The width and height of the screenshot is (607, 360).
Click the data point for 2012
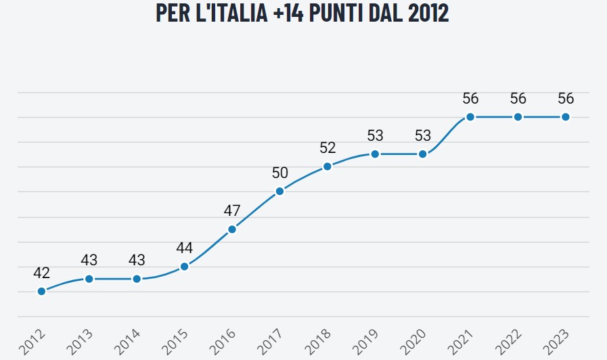tap(41, 291)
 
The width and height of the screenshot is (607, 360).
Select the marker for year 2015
tap(184, 266)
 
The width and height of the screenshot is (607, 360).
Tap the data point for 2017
tap(279, 191)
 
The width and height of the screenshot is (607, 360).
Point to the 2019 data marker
tap(375, 154)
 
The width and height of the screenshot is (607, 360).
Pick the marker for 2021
tap(470, 116)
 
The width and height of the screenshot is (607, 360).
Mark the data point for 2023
tap(566, 116)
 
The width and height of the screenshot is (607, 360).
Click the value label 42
tap(41, 273)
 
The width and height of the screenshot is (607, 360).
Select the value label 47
tap(232, 210)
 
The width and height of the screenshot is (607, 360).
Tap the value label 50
tap(279, 173)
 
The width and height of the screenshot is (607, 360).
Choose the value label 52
tap(328, 148)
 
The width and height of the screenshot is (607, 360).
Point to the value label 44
tap(184, 248)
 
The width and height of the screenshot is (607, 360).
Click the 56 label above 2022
tap(518, 98)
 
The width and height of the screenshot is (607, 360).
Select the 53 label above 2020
tap(423, 135)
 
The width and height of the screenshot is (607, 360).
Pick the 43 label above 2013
tap(89, 260)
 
